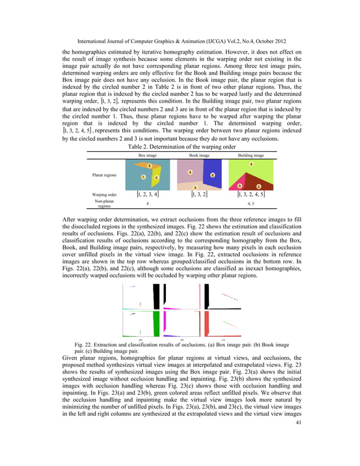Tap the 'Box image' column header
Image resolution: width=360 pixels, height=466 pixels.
(147, 154)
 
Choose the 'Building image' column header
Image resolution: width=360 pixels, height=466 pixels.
(251, 154)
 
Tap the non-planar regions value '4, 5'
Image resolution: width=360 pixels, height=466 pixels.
(251, 204)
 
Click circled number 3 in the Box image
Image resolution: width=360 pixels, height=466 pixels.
(149, 165)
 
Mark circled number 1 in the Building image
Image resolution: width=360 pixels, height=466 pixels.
(251, 164)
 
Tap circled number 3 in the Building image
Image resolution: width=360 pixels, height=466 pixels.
(240, 186)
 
